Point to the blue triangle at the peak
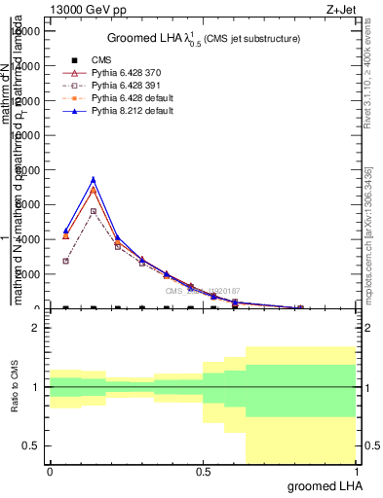93,179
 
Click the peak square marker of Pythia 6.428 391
93,211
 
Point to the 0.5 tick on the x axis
203,471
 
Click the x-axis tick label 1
356,471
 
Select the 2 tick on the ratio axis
36,329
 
